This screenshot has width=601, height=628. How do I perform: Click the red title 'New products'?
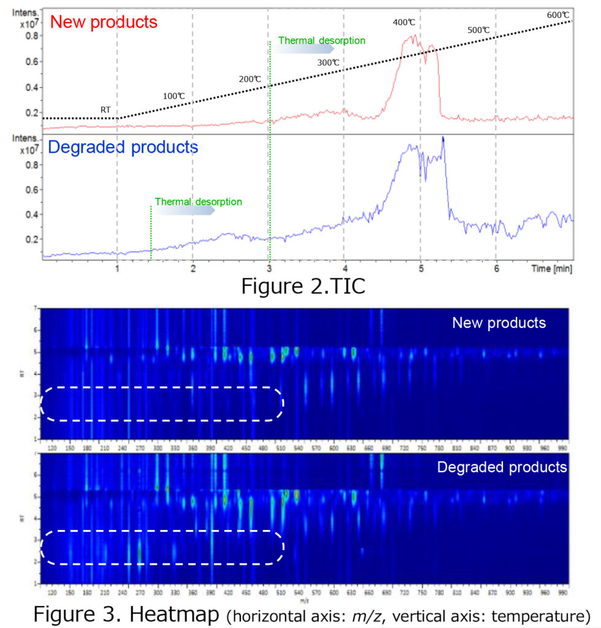[x=104, y=23]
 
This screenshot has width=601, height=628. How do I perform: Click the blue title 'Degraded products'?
[x=123, y=147]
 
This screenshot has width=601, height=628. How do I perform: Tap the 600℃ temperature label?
[x=557, y=15]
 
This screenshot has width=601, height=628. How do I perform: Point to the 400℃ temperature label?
[x=404, y=23]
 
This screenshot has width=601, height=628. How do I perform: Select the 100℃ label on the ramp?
[x=174, y=96]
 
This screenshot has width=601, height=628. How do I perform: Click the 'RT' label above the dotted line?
[x=105, y=110]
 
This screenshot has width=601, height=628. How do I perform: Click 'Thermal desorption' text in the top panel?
[x=321, y=40]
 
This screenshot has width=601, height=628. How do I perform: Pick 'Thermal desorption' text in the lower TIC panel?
[x=198, y=201]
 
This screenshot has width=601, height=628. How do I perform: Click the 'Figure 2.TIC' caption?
[x=303, y=286]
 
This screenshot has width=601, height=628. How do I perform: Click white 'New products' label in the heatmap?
[x=499, y=323]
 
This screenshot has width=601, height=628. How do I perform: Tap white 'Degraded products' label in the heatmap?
[x=502, y=467]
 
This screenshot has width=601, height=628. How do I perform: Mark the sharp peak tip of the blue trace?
[x=442, y=137]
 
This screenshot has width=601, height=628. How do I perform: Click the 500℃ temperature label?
[x=478, y=29]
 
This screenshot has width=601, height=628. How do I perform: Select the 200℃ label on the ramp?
[x=250, y=79]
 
